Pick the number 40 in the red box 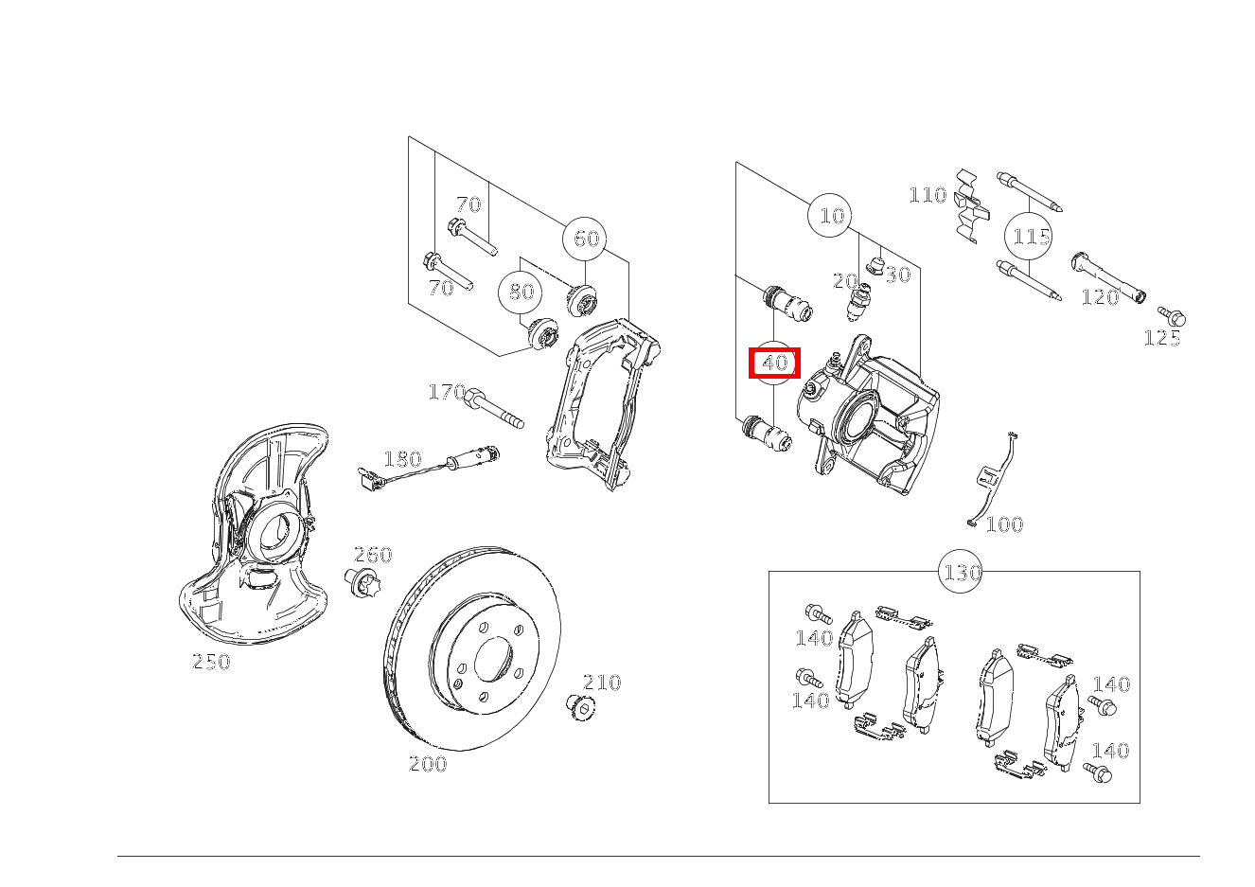(775, 364)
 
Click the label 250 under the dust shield (211, 662)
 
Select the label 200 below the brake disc (428, 764)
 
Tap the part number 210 (602, 682)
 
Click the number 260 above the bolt (373, 555)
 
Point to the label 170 (447, 392)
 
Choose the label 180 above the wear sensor (402, 459)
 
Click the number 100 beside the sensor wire (1004, 524)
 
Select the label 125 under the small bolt (1162, 338)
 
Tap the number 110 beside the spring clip (928, 195)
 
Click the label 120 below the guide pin (1100, 297)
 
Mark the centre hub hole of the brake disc (494, 659)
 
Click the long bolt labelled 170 (494, 407)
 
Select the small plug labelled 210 (581, 707)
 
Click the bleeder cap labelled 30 (875, 265)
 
